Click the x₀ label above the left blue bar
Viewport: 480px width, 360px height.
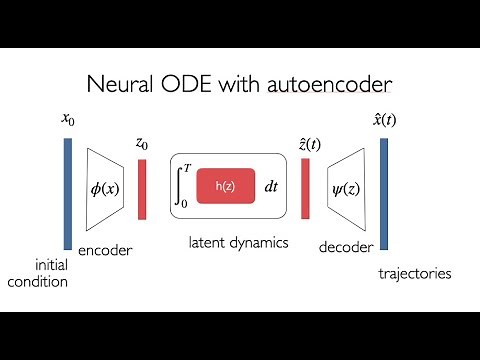click(67, 120)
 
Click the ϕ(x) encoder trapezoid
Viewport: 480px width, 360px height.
click(104, 187)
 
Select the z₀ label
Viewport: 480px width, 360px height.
click(143, 143)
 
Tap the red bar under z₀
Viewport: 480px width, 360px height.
click(143, 188)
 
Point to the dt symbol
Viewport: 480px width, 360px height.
click(270, 186)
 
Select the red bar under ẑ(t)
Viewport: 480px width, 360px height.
click(305, 188)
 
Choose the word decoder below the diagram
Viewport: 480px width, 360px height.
click(345, 245)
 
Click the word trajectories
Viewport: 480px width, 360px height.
click(413, 273)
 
